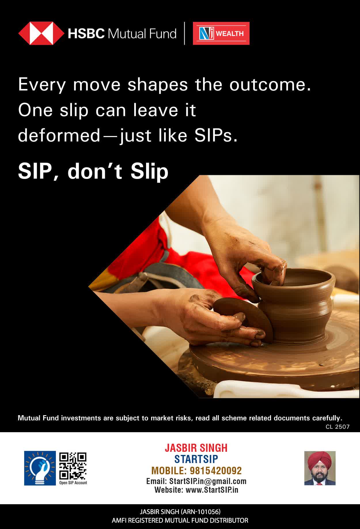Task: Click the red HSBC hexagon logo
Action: tap(41, 33)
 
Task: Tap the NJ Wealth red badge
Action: tap(221, 33)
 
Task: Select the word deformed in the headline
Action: tap(59, 135)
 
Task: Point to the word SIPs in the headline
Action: tap(216, 135)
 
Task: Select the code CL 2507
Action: tap(338, 427)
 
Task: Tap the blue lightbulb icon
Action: tap(40, 468)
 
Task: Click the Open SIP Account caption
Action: tap(73, 483)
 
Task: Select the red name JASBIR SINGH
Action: tap(196, 448)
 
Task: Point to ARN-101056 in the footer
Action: tap(201, 512)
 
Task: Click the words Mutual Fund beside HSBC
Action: tap(142, 34)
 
